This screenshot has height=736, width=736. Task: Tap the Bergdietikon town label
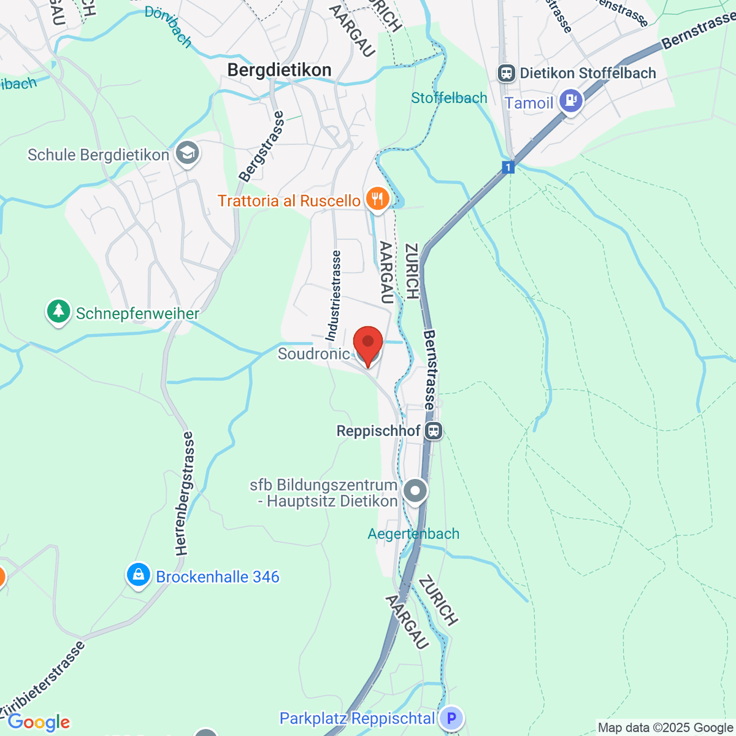[279, 70]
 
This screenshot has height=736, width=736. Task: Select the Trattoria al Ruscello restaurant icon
[377, 199]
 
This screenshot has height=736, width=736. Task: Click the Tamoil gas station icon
[570, 101]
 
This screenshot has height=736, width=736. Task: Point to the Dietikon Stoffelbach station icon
[507, 74]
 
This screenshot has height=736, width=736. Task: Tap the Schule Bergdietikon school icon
[188, 153]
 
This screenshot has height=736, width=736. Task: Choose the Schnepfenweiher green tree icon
[58, 312]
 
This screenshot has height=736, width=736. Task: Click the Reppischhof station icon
[434, 431]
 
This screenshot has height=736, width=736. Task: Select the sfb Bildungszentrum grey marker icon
[415, 491]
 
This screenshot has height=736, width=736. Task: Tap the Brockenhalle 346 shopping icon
[139, 575]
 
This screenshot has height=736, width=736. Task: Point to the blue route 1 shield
[508, 167]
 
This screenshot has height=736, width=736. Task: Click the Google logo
[39, 723]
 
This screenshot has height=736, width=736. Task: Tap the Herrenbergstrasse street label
[185, 493]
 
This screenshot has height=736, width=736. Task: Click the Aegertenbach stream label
[413, 534]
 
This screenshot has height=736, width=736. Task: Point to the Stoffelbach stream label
[449, 98]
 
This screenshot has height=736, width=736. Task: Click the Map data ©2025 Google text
[666, 727]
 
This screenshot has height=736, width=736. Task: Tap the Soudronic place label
[313, 354]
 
